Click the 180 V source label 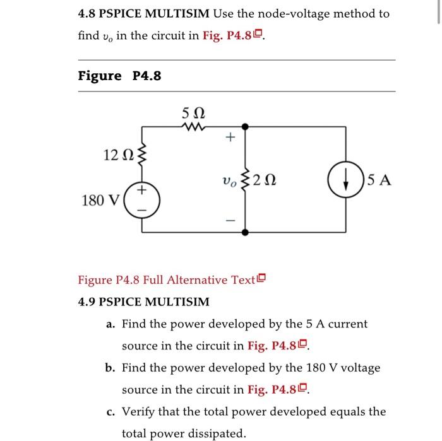click(x=100, y=201)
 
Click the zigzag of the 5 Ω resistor click(x=193, y=127)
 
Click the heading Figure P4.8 click(x=119, y=76)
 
